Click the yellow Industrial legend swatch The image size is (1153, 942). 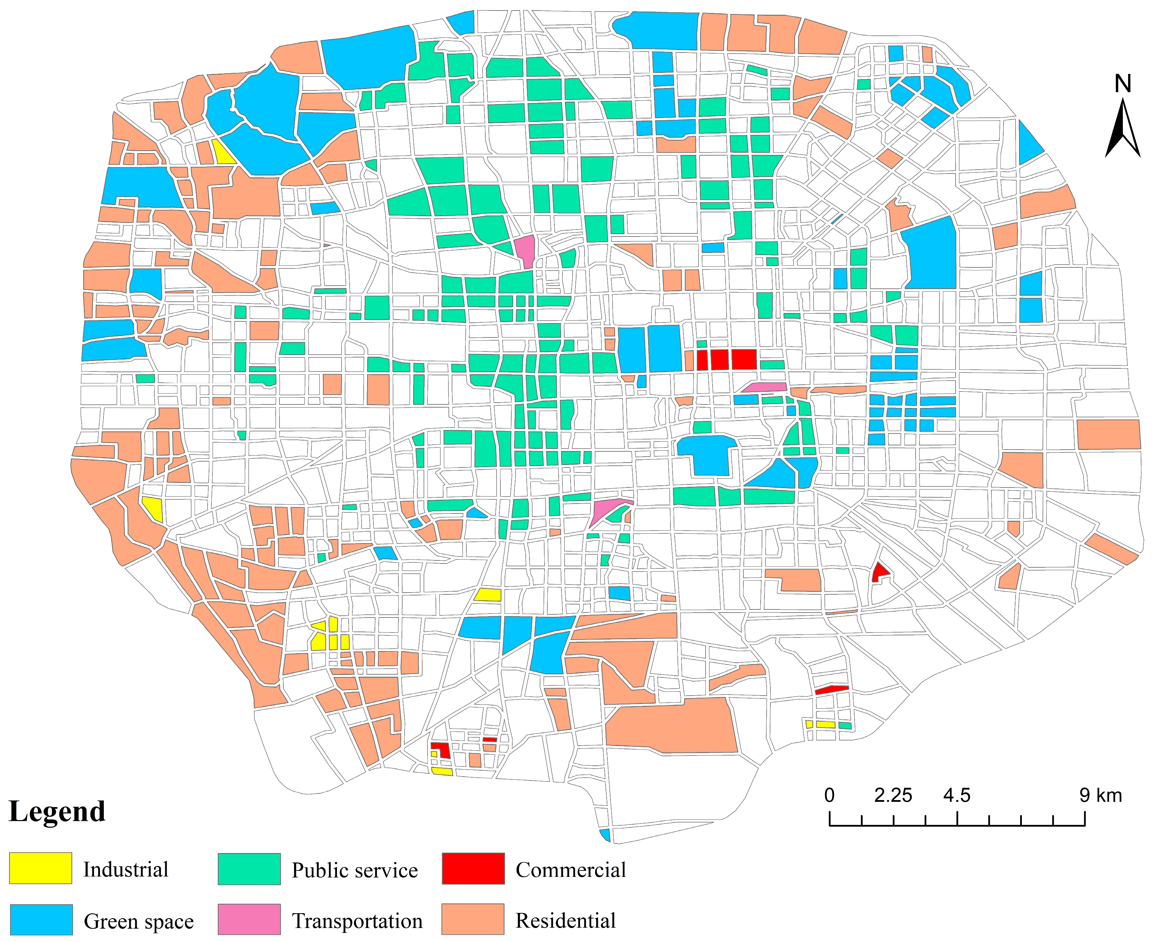coord(40,868)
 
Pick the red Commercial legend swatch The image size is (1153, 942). coord(473,868)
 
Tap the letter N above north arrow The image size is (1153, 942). coord(1122,84)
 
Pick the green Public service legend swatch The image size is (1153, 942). coord(249,869)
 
